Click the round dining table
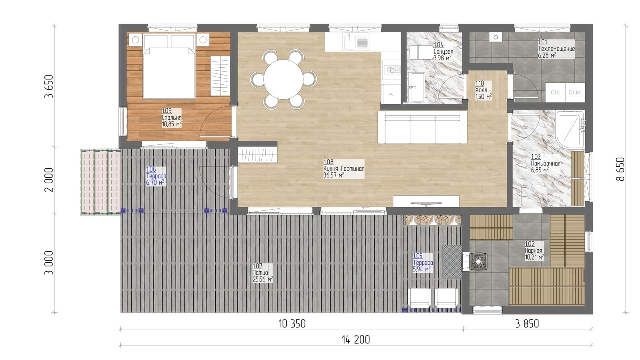(x=283, y=79)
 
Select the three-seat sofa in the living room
(x=423, y=127)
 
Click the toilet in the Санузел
(x=422, y=52)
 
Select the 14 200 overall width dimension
(x=356, y=340)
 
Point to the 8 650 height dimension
(x=620, y=169)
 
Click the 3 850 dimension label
(x=527, y=324)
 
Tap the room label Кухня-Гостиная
(x=344, y=169)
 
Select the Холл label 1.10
(x=479, y=83)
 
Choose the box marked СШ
(x=555, y=92)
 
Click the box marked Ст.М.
(x=575, y=92)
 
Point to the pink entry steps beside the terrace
(x=100, y=182)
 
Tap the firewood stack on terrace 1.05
(x=433, y=220)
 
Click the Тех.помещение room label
(x=556, y=49)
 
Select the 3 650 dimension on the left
(x=49, y=86)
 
